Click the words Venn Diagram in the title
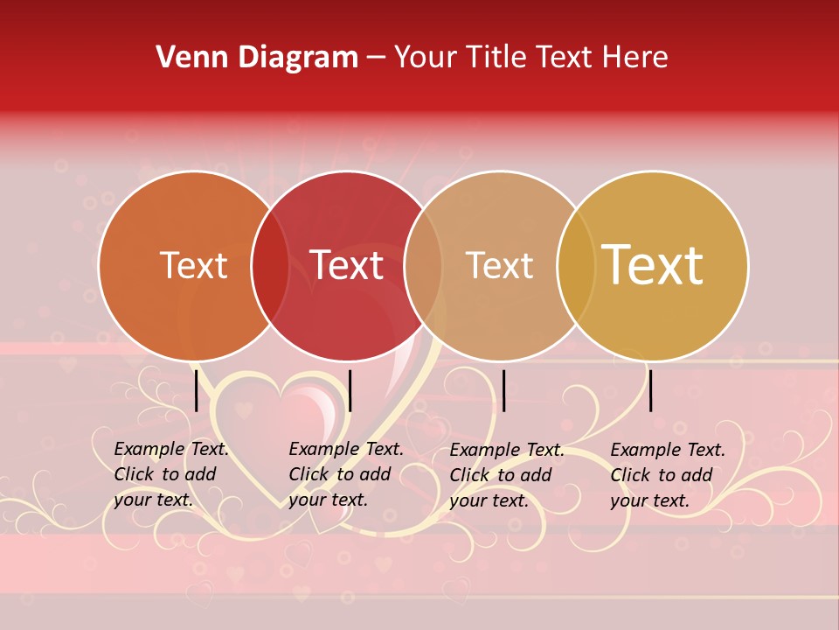[257, 58]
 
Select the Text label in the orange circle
[193, 266]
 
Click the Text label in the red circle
[347, 266]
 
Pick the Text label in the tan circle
[499, 266]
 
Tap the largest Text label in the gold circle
[653, 265]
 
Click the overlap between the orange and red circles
[270, 266]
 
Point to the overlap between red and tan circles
[423, 266]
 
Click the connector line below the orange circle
[196, 390]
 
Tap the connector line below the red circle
[350, 390]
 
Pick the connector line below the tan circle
[503, 390]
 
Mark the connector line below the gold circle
[651, 390]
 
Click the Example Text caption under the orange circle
[170, 474]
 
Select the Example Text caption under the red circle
[345, 474]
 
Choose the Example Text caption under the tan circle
[506, 475]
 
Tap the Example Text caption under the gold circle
[667, 475]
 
